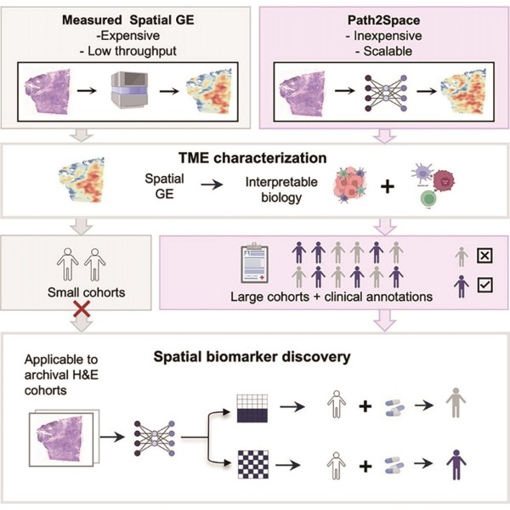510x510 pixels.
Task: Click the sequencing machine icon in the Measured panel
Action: click(x=129, y=90)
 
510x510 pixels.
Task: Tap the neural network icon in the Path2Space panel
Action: click(x=386, y=93)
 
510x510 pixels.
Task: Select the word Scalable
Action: click(x=388, y=51)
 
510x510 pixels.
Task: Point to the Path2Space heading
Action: click(x=384, y=20)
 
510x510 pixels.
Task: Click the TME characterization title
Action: click(x=252, y=158)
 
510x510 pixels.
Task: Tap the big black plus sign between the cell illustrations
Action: click(x=388, y=187)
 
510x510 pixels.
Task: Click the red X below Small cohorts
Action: click(x=82, y=309)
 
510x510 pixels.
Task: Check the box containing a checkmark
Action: click(x=485, y=285)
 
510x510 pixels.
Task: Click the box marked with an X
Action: click(x=484, y=256)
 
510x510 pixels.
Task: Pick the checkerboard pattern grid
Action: click(x=253, y=464)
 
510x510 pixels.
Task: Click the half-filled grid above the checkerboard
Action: click(x=252, y=409)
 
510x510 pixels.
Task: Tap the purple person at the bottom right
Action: click(x=456, y=465)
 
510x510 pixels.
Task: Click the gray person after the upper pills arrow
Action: click(x=456, y=403)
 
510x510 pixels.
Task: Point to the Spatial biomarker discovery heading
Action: click(x=252, y=356)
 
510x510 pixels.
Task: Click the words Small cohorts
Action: click(x=86, y=292)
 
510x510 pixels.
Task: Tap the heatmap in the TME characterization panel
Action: click(x=82, y=180)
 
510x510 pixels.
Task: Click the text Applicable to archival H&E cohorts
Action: click(x=61, y=375)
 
